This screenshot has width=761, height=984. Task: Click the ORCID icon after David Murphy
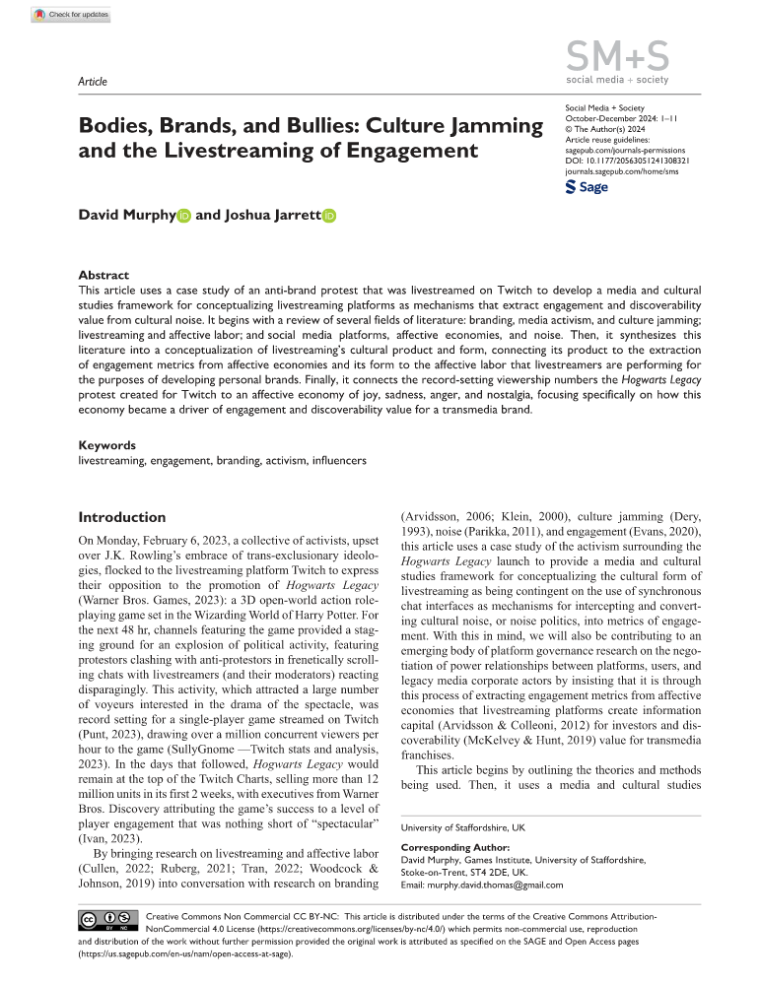coord(184,216)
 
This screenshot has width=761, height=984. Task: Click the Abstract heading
coord(104,276)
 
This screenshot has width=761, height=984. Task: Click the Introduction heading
coord(122,517)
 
